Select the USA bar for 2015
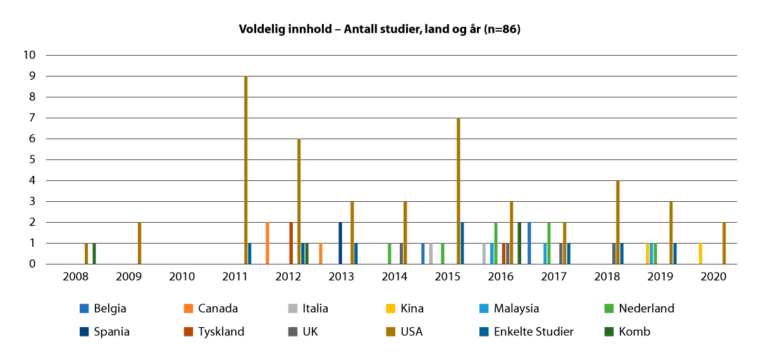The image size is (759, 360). (x=458, y=190)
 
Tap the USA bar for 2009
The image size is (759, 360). (x=139, y=243)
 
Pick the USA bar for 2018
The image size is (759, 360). (x=617, y=222)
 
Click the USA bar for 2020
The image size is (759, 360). (x=724, y=243)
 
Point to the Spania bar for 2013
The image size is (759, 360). (x=340, y=243)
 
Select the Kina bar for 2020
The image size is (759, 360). (x=701, y=253)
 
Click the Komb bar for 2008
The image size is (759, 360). (x=94, y=253)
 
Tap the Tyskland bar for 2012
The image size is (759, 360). (x=291, y=243)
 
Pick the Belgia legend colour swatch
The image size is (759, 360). (x=83, y=309)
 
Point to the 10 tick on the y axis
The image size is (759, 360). (x=30, y=55)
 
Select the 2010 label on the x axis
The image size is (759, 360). (x=182, y=277)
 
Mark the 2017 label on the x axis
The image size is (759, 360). (x=553, y=277)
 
